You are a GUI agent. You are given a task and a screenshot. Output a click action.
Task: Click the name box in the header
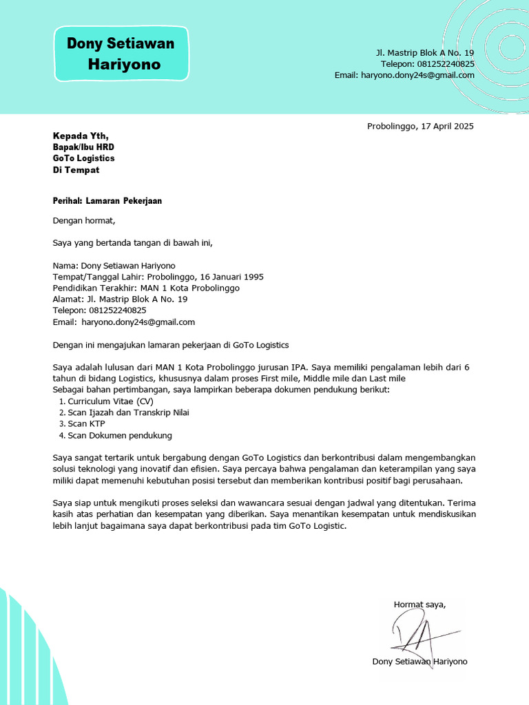pos(121,54)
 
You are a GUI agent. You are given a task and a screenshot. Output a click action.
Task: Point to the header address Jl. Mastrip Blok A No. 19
pos(424,53)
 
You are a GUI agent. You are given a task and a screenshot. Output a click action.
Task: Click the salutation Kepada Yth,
pos(81,136)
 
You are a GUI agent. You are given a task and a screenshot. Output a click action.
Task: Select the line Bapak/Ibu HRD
pos(83,147)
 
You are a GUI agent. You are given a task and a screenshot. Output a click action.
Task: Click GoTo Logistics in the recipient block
pos(83,158)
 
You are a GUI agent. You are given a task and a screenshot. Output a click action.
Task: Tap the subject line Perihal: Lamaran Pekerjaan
pos(107,201)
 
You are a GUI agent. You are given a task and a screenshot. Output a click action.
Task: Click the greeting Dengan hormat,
pos(84,221)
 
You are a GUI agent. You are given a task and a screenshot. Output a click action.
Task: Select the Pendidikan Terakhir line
pos(146,288)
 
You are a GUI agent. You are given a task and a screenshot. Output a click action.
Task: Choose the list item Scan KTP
pos(86,423)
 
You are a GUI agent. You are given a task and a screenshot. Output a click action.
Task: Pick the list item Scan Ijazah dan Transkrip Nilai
pos(128,412)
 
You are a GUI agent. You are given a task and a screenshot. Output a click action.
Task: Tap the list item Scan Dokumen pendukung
pos(119,435)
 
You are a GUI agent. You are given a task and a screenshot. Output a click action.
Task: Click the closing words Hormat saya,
pos(419,604)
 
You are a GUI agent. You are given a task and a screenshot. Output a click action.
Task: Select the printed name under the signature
pos(419,662)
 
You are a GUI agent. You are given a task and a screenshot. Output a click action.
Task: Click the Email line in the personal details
pos(124,322)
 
